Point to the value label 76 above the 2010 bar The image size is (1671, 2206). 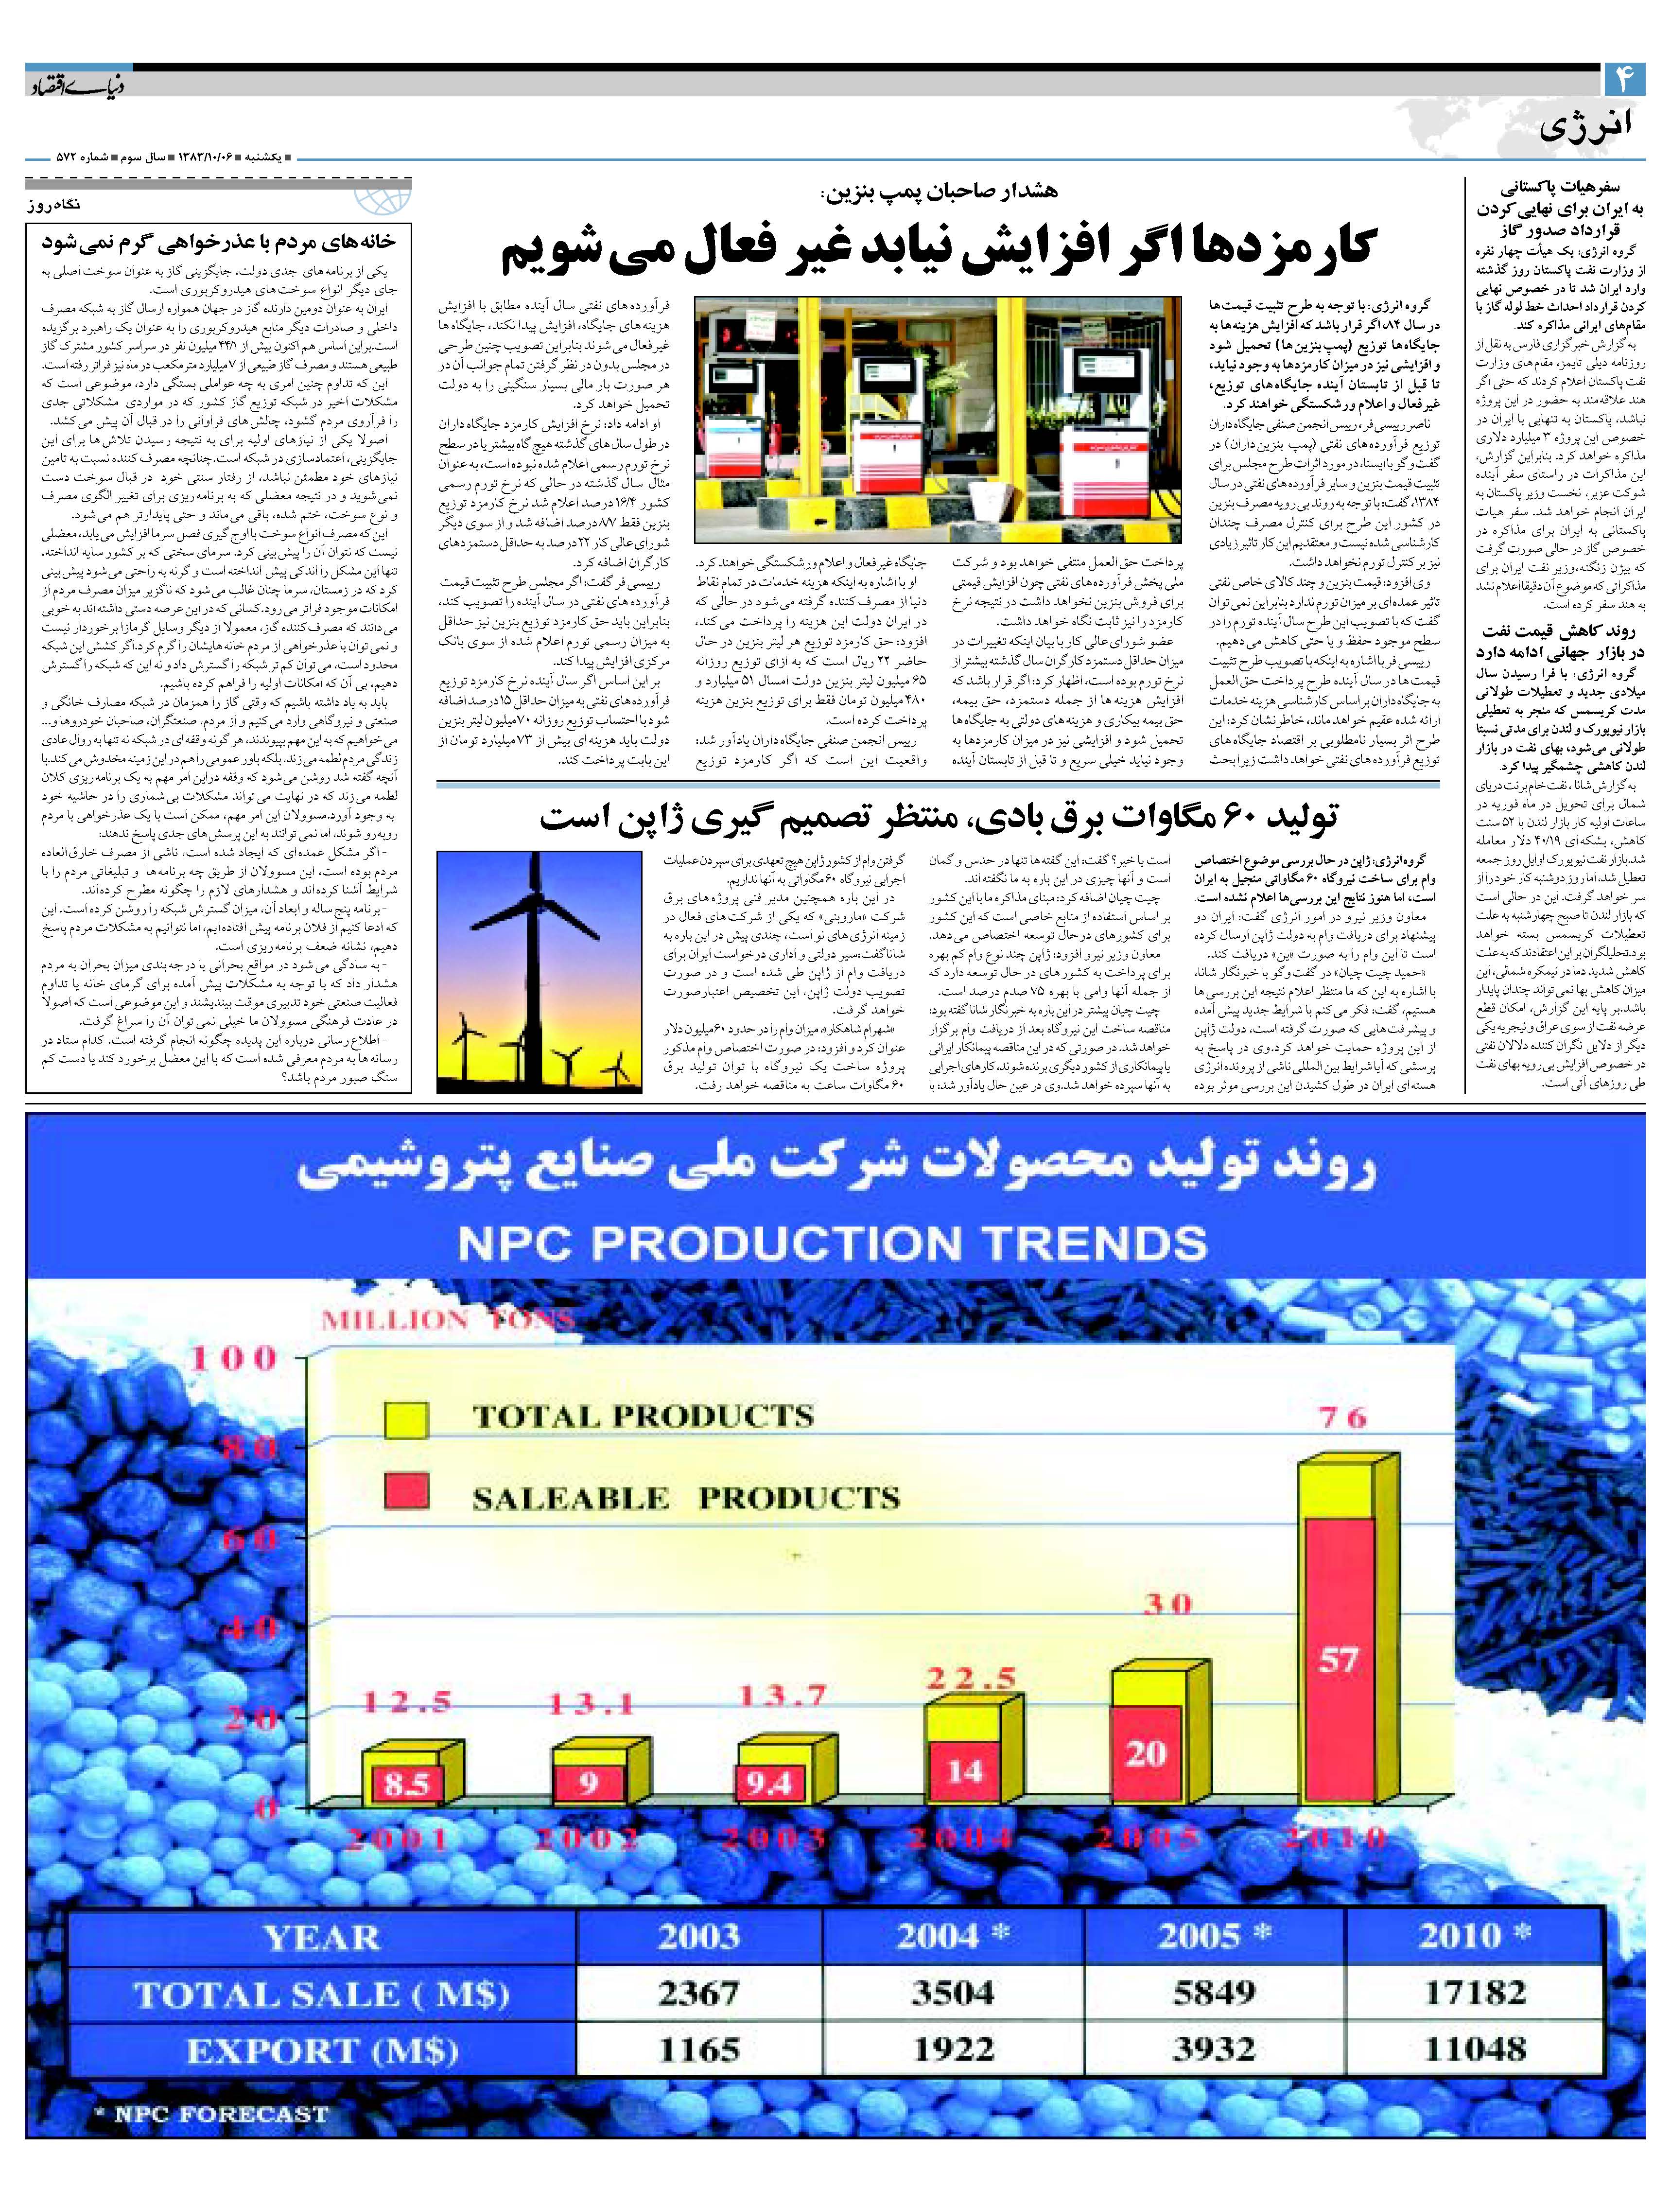[1341, 1416]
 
